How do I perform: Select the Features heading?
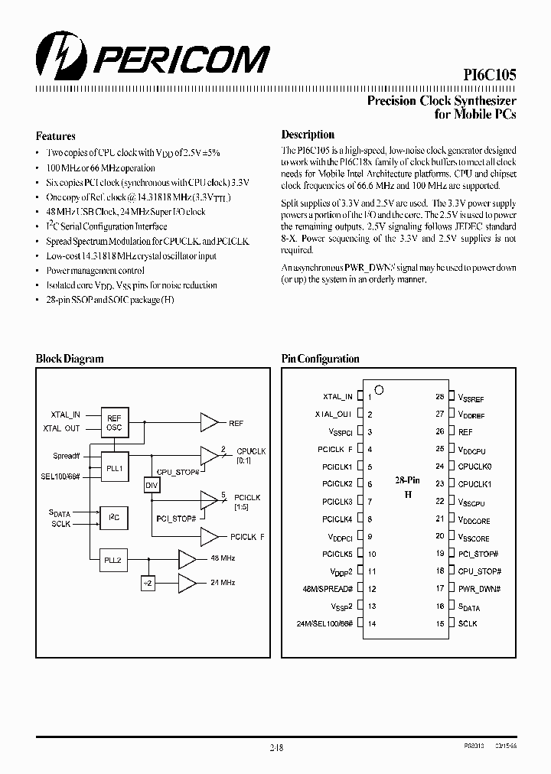tap(55, 136)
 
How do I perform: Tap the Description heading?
tap(308, 135)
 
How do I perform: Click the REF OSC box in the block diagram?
tap(113, 423)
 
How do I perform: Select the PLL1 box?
tap(113, 467)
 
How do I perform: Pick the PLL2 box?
tap(113, 560)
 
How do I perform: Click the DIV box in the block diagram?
tap(152, 486)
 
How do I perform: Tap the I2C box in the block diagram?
tap(113, 518)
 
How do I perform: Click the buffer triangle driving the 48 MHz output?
tap(187, 559)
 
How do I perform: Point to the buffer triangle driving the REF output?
tap(209, 422)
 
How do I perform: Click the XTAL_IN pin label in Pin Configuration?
tap(337, 396)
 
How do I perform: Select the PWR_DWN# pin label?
tap(479, 588)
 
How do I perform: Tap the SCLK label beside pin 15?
tap(468, 623)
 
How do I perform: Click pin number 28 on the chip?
tap(439, 397)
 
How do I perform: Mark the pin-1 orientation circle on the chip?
tap(379, 390)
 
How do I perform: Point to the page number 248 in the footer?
tap(275, 749)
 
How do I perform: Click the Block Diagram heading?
tap(70, 359)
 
